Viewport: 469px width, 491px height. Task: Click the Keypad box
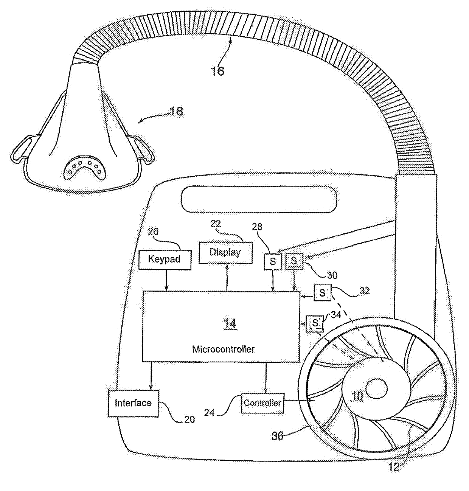point(165,259)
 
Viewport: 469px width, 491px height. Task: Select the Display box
point(225,252)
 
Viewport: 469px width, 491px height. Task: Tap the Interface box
point(133,403)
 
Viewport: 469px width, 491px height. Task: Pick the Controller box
point(262,403)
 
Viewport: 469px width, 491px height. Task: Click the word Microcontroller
point(223,349)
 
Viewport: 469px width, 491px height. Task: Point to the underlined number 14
point(230,324)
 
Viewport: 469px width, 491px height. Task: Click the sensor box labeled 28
point(273,262)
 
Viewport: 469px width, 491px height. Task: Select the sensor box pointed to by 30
point(295,260)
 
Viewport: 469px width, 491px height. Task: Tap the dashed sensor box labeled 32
point(322,293)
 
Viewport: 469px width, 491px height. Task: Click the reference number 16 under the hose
point(218,71)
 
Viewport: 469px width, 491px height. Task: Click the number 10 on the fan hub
point(357,396)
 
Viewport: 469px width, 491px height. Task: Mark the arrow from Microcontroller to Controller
point(266,379)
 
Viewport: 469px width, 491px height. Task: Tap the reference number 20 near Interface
point(189,419)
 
